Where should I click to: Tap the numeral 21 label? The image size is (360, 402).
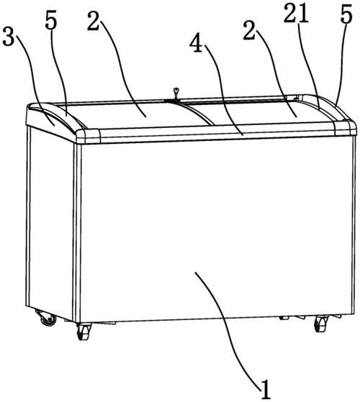point(296,14)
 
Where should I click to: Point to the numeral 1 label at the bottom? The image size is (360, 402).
point(266,389)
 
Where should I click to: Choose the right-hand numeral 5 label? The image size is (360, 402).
point(346,14)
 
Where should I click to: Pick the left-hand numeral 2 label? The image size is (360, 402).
point(93,22)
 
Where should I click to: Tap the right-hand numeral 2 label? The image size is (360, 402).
point(250,31)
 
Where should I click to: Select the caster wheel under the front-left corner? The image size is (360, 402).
point(84,331)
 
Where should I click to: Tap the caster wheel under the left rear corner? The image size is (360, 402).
point(47,318)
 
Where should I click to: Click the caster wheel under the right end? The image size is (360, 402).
point(320,324)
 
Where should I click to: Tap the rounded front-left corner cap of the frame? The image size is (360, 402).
point(88,136)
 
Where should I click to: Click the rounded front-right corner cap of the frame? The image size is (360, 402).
point(345,129)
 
